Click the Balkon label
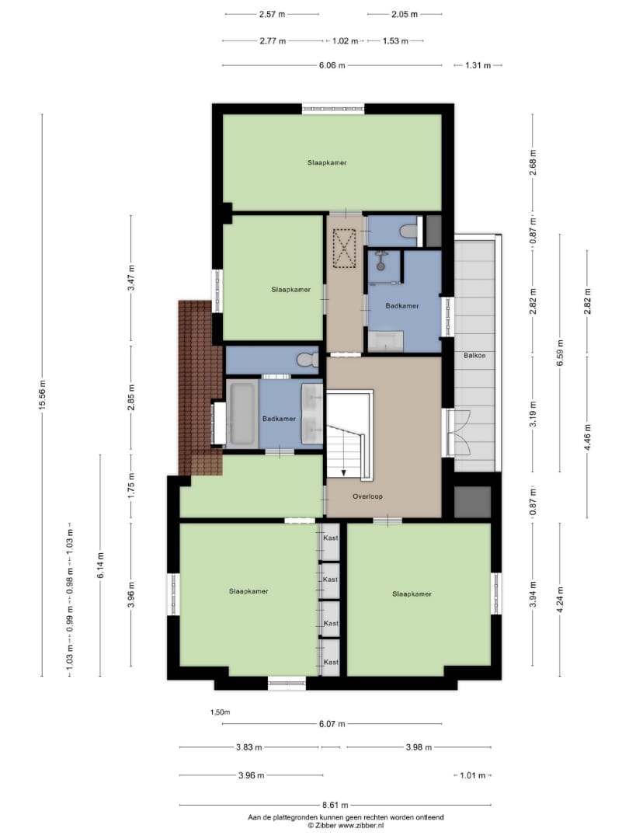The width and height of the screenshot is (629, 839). [x=474, y=355]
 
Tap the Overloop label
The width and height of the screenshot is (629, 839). [x=367, y=496]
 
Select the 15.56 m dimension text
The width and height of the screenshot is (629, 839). [x=42, y=395]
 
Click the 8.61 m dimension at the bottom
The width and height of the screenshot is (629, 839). [x=335, y=805]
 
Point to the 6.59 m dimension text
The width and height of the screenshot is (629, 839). [x=560, y=353]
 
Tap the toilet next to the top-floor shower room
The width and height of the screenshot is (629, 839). [x=409, y=232]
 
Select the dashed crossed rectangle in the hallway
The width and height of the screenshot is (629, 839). [x=345, y=248]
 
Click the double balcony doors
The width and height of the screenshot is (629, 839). [x=457, y=433]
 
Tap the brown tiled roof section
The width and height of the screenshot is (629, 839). [x=200, y=388]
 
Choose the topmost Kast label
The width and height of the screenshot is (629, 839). [x=331, y=538]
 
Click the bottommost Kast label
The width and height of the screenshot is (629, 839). [x=331, y=662]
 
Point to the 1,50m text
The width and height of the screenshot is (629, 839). [x=220, y=712]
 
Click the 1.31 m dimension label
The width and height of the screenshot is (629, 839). [x=478, y=65]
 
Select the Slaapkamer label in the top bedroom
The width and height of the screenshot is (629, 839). [x=327, y=162]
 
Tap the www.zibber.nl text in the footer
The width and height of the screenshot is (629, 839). [x=361, y=826]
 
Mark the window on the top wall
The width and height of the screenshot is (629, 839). [x=332, y=110]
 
